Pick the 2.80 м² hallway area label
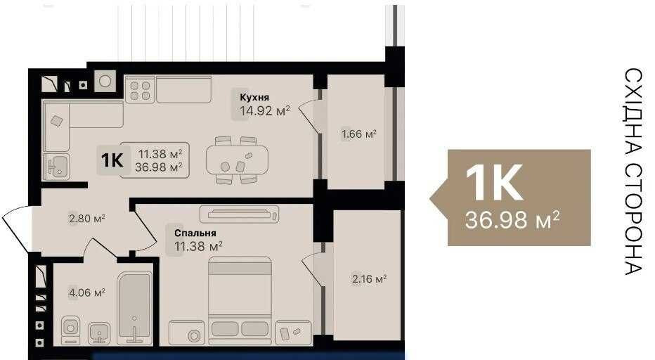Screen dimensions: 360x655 click(86, 219)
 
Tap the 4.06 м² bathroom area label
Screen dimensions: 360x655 click(86, 292)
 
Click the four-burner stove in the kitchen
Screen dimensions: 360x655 click(141, 90)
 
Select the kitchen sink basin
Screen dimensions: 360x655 click(58, 167)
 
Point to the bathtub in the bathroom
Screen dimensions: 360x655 click(134, 307)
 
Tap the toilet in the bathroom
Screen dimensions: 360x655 click(70, 326)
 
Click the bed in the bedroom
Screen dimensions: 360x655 click(240, 299)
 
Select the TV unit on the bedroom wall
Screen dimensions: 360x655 click(239, 214)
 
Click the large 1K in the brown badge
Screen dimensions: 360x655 click(495, 182)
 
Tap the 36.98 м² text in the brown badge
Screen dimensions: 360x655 click(512, 220)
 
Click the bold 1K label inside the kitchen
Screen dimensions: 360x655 click(112, 160)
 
